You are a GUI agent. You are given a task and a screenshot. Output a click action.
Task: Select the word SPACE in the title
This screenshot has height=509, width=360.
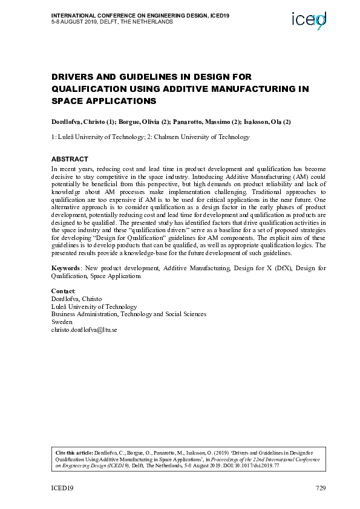coord(68,101)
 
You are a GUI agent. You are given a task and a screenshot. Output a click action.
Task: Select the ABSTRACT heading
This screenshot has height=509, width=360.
coord(70,159)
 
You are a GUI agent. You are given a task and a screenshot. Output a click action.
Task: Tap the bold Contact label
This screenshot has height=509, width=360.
coord(63,291)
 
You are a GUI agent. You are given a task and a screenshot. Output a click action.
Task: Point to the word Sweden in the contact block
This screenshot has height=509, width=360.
coord(62,322)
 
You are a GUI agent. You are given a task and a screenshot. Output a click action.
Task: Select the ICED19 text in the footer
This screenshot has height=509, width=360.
coord(62,488)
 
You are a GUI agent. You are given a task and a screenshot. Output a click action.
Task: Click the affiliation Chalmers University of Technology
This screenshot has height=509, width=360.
coord(198,137)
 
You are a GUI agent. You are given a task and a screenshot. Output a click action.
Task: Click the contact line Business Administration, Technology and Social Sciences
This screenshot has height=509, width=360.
coord(128,314)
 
